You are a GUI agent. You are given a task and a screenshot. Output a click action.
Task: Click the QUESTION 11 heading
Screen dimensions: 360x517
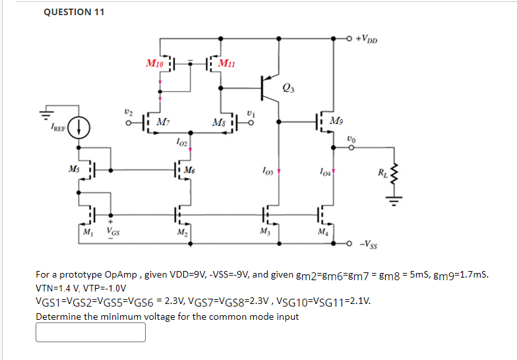(74, 12)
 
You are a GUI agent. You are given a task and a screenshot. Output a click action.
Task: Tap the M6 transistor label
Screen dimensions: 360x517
(189, 170)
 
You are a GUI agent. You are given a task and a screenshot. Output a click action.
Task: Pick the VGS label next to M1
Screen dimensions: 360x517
(114, 232)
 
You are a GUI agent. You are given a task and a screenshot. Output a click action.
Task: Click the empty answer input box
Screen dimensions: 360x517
(90, 332)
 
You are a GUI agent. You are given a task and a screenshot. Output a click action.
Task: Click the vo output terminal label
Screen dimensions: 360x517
(351, 138)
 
